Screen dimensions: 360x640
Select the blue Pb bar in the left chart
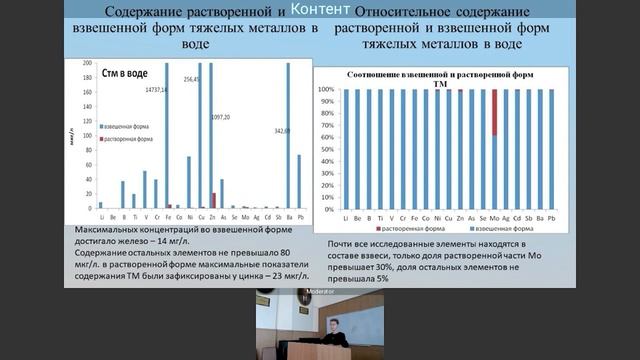(299, 181)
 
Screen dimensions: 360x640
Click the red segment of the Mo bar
(494, 112)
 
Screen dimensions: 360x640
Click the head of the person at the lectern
(336, 321)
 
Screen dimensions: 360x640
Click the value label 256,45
(192, 78)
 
